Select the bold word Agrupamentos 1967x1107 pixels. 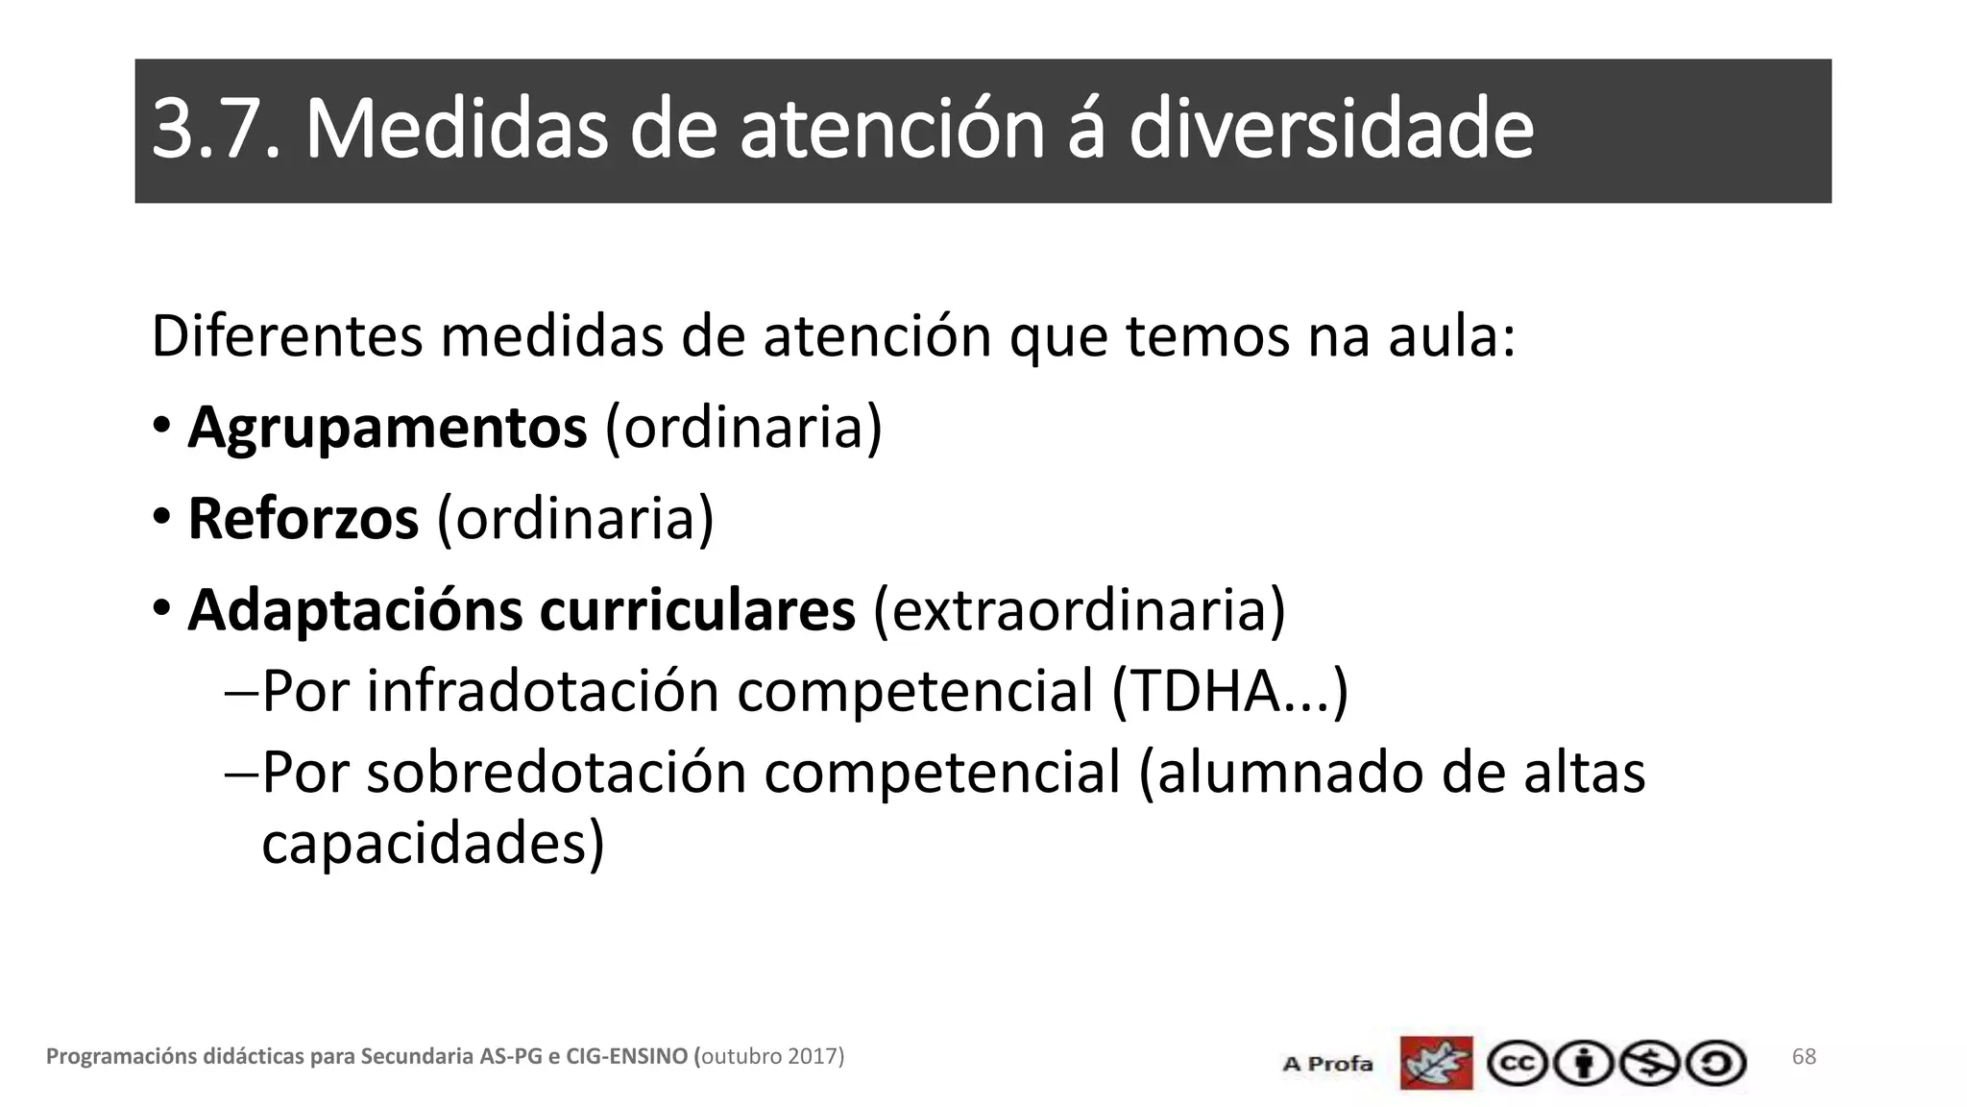click(x=387, y=427)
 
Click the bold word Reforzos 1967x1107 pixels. click(x=304, y=518)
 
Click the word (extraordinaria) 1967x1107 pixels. click(x=1079, y=609)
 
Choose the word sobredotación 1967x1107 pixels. click(x=556, y=772)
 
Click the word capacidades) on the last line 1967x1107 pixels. click(x=433, y=843)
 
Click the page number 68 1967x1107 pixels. click(x=1804, y=1057)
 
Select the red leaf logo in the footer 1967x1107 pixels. click(x=1436, y=1063)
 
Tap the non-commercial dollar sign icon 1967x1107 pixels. click(x=1649, y=1064)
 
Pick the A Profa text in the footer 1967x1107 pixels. click(x=1327, y=1064)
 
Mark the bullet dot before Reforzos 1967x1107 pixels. click(x=161, y=516)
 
